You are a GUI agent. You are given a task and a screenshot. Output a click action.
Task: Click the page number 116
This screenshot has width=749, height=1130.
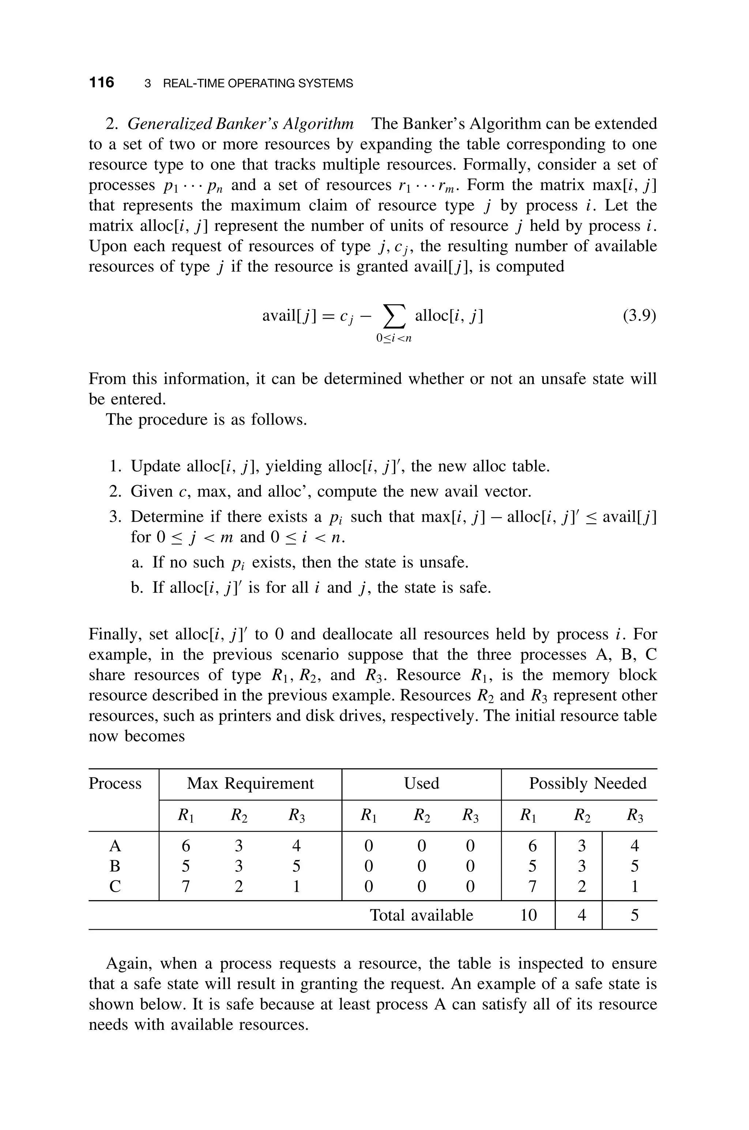pyautogui.click(x=102, y=83)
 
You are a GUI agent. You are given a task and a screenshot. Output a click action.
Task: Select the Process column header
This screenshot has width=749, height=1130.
pyautogui.click(x=115, y=784)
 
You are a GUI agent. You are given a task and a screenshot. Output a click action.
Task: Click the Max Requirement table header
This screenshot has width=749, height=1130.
pyautogui.click(x=250, y=784)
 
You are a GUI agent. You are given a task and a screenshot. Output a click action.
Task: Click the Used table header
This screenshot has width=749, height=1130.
pyautogui.click(x=421, y=784)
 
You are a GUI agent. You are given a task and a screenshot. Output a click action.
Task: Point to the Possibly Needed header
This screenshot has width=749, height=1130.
pyautogui.click(x=588, y=784)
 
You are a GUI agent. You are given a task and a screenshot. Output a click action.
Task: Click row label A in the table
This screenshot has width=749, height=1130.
pyautogui.click(x=115, y=846)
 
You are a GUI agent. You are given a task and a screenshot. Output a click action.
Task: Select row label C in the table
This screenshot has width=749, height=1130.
pyautogui.click(x=115, y=887)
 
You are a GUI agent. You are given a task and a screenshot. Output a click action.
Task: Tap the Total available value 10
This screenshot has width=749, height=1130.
pyautogui.click(x=528, y=915)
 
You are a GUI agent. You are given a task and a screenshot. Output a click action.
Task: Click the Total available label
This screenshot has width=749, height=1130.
pyautogui.click(x=421, y=915)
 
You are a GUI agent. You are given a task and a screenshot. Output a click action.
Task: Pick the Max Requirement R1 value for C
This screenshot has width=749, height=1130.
pyautogui.click(x=186, y=887)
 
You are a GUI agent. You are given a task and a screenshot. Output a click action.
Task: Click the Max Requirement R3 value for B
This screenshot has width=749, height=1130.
pyautogui.click(x=296, y=866)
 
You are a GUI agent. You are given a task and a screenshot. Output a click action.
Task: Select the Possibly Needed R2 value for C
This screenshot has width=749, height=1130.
pyautogui.click(x=581, y=887)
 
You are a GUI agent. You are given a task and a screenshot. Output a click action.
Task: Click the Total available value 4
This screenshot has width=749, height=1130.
pyautogui.click(x=581, y=915)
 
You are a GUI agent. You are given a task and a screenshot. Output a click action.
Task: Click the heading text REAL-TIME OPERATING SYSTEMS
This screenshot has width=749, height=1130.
pyautogui.click(x=258, y=84)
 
